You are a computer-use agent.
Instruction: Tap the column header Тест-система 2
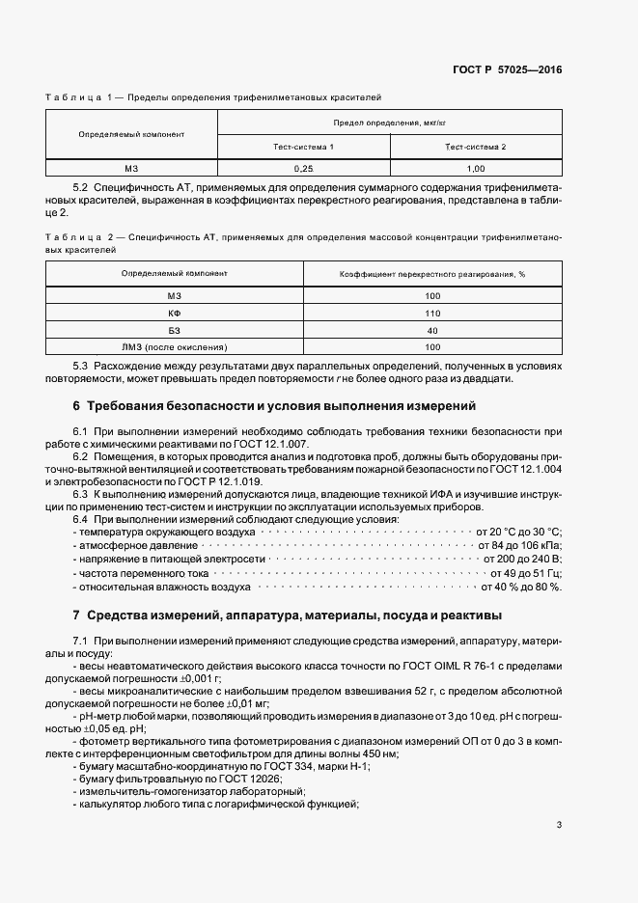(x=476, y=147)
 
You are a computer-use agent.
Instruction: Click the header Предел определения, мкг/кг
(x=390, y=123)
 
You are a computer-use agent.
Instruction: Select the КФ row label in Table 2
(x=175, y=313)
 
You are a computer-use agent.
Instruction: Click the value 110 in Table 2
(x=432, y=313)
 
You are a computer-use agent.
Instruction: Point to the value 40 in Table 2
(x=432, y=330)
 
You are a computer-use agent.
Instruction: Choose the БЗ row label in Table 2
(x=175, y=330)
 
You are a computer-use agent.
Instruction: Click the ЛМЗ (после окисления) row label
(x=175, y=346)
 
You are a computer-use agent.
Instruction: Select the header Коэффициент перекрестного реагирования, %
(x=432, y=274)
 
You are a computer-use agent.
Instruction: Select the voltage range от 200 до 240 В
(x=519, y=560)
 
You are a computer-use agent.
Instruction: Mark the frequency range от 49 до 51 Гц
(x=521, y=573)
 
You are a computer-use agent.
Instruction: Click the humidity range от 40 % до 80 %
(x=520, y=587)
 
